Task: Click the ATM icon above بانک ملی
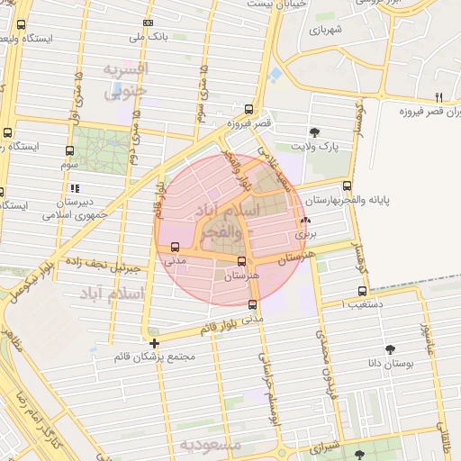coord(148,23)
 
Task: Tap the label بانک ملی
coord(148,37)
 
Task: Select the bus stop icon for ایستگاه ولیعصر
coord(22,25)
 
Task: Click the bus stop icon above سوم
coord(70,150)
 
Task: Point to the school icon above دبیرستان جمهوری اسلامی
coord(75,188)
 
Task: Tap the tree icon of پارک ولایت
coord(313,131)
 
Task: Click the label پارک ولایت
coord(313,146)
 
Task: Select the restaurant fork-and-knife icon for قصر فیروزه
coord(438,97)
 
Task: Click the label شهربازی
coord(328,30)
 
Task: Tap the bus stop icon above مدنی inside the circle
coord(174,247)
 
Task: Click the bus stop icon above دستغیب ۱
coord(362,291)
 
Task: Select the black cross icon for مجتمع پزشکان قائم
coord(154,343)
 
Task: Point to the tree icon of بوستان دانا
coord(390,349)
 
